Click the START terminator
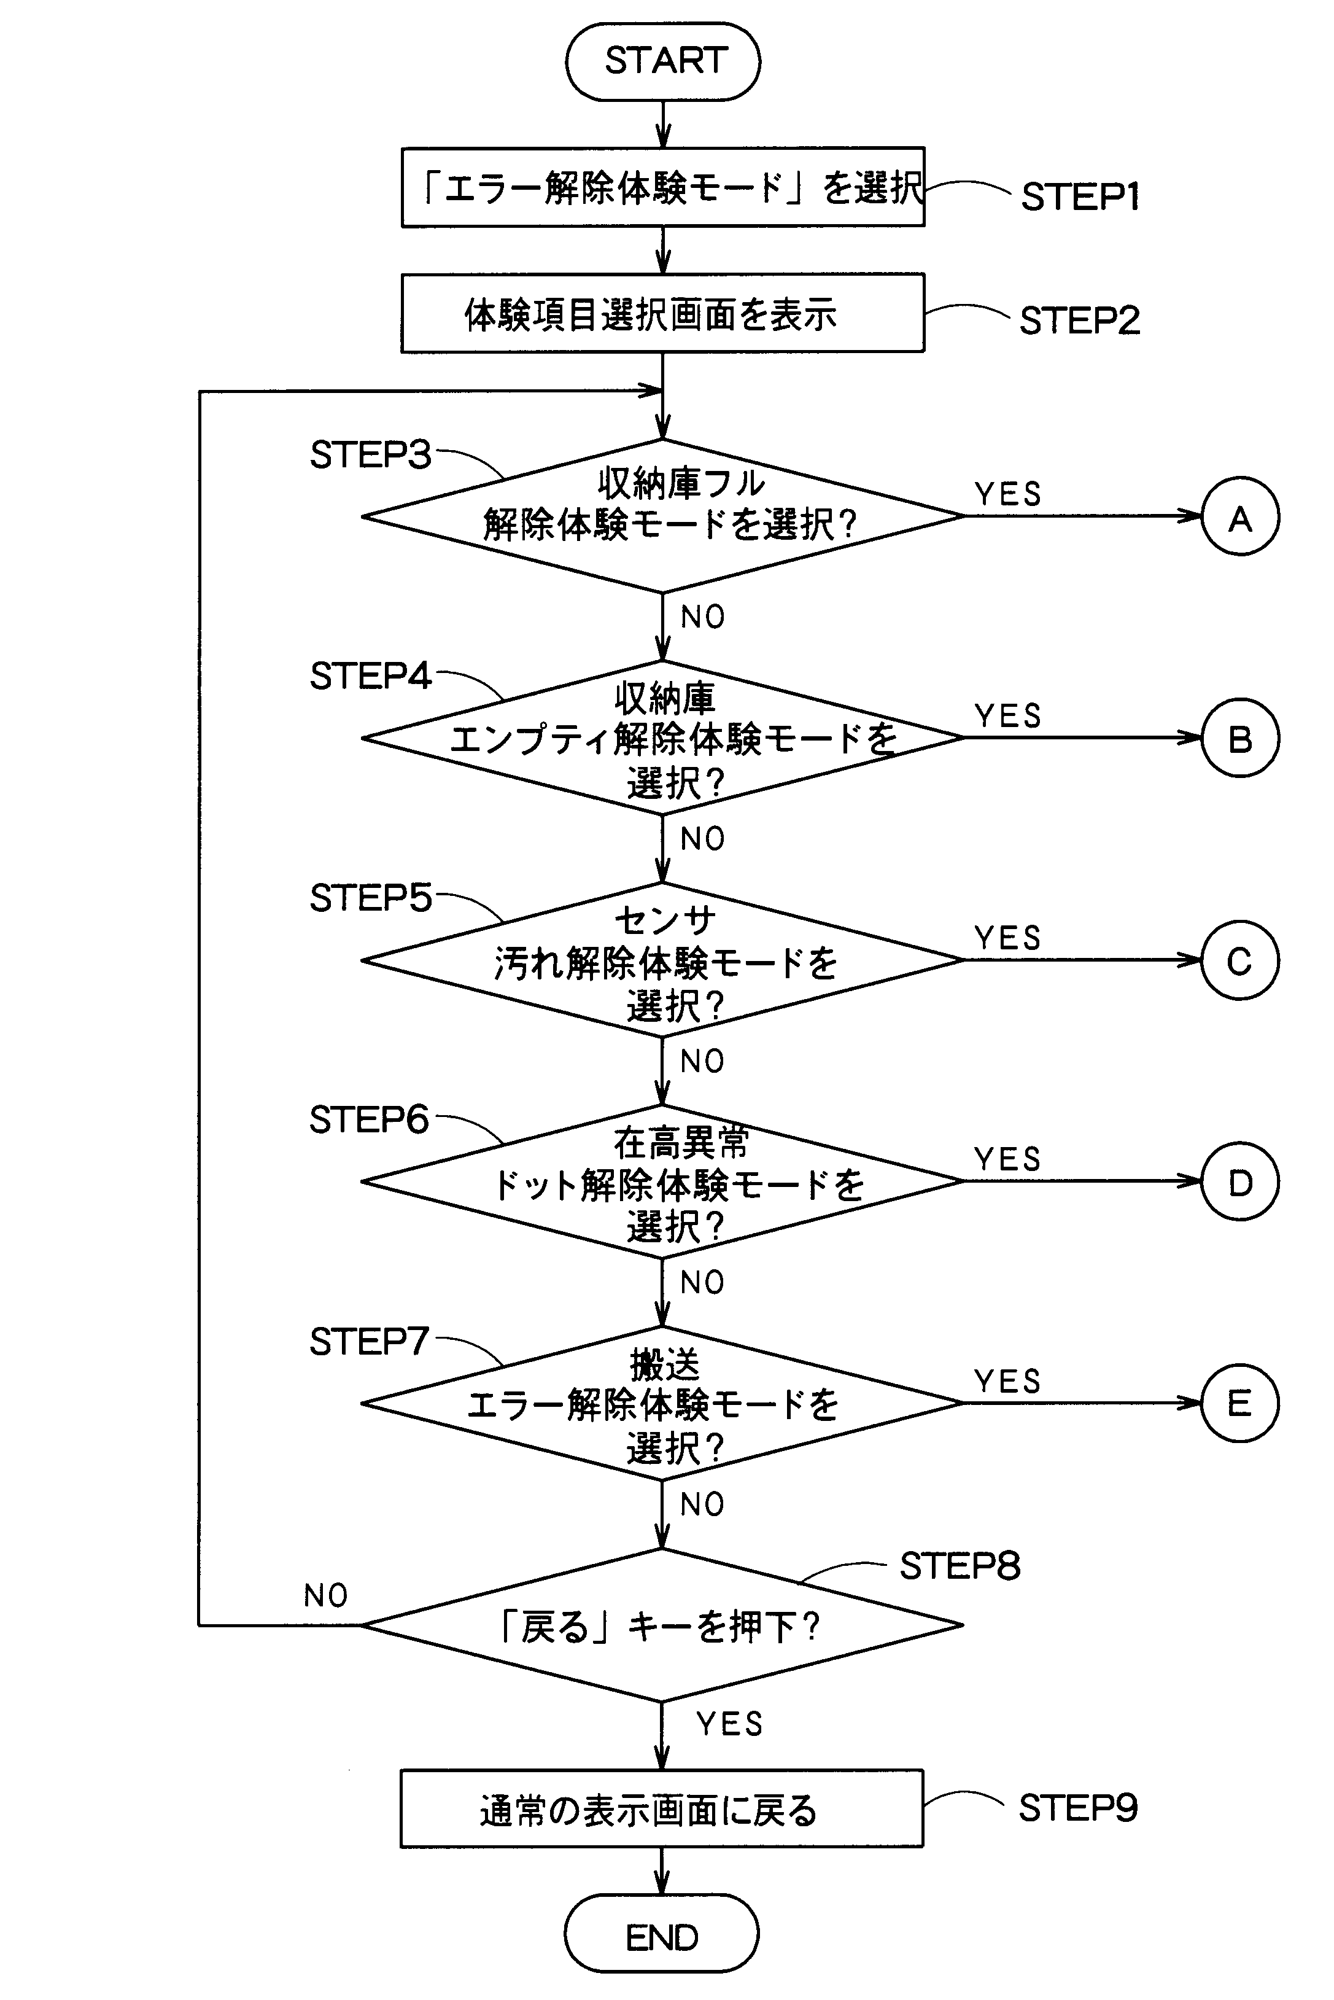point(663,61)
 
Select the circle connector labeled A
point(1239,516)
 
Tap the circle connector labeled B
point(1239,738)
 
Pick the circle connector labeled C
point(1239,960)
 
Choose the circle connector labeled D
point(1239,1181)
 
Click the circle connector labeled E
point(1239,1403)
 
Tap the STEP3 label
point(371,455)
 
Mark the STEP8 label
point(960,1566)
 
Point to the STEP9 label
point(1078,1808)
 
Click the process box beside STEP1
point(663,187)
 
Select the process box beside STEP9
point(661,1808)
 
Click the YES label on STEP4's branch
point(1008,717)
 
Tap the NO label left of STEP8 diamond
point(326,1597)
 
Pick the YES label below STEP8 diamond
point(729,1724)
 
